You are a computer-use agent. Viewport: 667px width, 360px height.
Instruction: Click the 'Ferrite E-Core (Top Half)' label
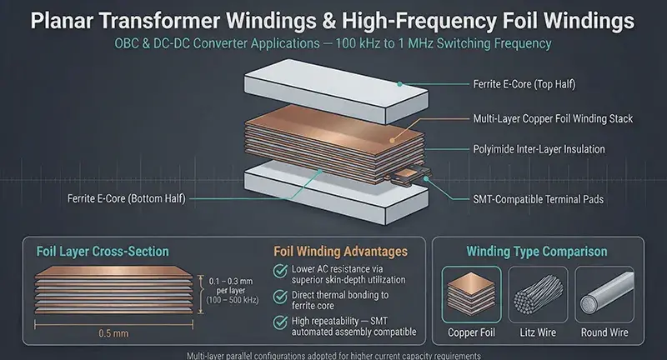pyautogui.click(x=524, y=84)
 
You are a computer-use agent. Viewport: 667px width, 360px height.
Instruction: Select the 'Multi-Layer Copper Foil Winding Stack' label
pyautogui.click(x=553, y=118)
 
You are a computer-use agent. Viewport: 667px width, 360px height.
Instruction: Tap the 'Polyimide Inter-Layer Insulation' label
pyautogui.click(x=539, y=149)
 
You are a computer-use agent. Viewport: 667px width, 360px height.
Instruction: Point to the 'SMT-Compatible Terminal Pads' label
pyautogui.click(x=538, y=199)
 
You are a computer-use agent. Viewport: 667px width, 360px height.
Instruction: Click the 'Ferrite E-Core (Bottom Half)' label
pyautogui.click(x=127, y=198)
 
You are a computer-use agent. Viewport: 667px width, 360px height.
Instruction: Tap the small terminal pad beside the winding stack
pyautogui.click(x=409, y=175)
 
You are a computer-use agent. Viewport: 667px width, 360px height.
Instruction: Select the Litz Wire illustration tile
pyautogui.click(x=538, y=294)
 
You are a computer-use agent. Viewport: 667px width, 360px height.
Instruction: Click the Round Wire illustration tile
pyautogui.click(x=604, y=294)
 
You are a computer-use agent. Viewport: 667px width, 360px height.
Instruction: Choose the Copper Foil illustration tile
pyautogui.click(x=471, y=294)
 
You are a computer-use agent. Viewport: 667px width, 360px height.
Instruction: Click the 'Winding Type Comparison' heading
pyautogui.click(x=537, y=251)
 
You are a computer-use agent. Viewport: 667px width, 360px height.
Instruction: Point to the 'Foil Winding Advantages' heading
pyautogui.click(x=340, y=251)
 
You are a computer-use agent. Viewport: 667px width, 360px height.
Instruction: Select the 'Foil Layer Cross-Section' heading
pyautogui.click(x=103, y=251)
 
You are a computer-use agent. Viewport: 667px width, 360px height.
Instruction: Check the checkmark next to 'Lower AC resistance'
pyautogui.click(x=280, y=271)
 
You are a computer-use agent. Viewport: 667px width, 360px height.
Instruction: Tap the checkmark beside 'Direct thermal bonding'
pyautogui.click(x=280, y=297)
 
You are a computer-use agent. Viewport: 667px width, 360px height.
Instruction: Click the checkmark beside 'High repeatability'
pyautogui.click(x=280, y=322)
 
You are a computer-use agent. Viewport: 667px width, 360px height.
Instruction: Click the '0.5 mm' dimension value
pyautogui.click(x=113, y=333)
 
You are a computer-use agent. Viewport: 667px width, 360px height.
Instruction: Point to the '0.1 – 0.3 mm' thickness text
pyautogui.click(x=231, y=282)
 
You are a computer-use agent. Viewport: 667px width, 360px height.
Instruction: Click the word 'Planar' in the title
pyautogui.click(x=62, y=22)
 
